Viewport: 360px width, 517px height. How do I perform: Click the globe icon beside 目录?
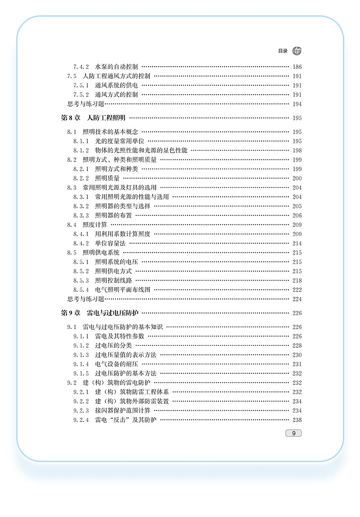point(297,51)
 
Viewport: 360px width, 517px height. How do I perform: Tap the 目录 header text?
point(283,51)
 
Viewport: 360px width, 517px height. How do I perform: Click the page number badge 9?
point(293,433)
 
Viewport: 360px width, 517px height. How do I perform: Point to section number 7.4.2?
point(81,66)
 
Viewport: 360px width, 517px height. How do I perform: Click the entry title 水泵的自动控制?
point(117,66)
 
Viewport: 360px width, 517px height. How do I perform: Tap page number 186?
point(297,67)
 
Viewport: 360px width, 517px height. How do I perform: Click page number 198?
point(297,151)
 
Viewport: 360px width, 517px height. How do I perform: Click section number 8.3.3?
point(81,215)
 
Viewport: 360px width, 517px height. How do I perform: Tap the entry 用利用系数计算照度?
point(123,234)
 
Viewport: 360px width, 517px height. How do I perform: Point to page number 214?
point(297,244)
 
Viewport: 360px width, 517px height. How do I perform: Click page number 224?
point(297,299)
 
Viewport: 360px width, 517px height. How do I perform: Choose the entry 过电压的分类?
point(113,345)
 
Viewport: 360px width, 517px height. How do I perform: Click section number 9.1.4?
point(81,364)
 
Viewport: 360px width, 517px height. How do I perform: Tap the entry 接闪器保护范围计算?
point(123,411)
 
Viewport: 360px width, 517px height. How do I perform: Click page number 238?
point(297,420)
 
